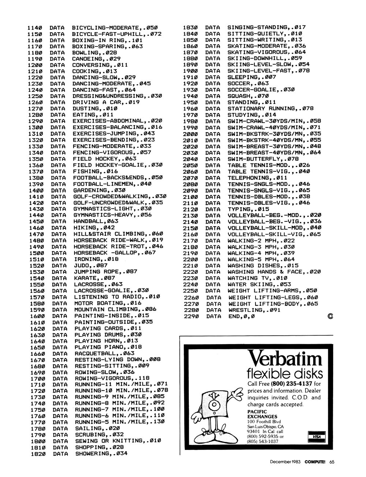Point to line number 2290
pyautogui.click(x=191, y=316)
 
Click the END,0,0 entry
pyautogui.click(x=241, y=316)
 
